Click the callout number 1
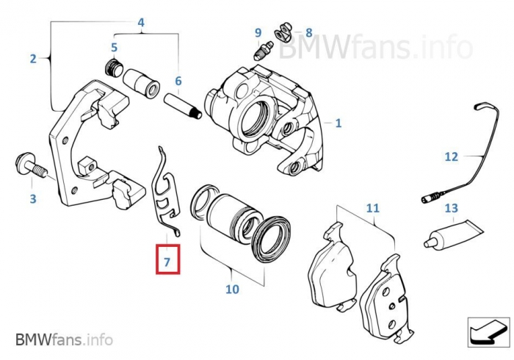coord(338,123)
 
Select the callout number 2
coord(33,59)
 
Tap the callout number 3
coord(32,198)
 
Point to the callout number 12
coord(451,156)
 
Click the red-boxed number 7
coord(167,261)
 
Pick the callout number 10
coord(232,289)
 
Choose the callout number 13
coord(451,209)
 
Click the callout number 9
coord(258,32)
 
